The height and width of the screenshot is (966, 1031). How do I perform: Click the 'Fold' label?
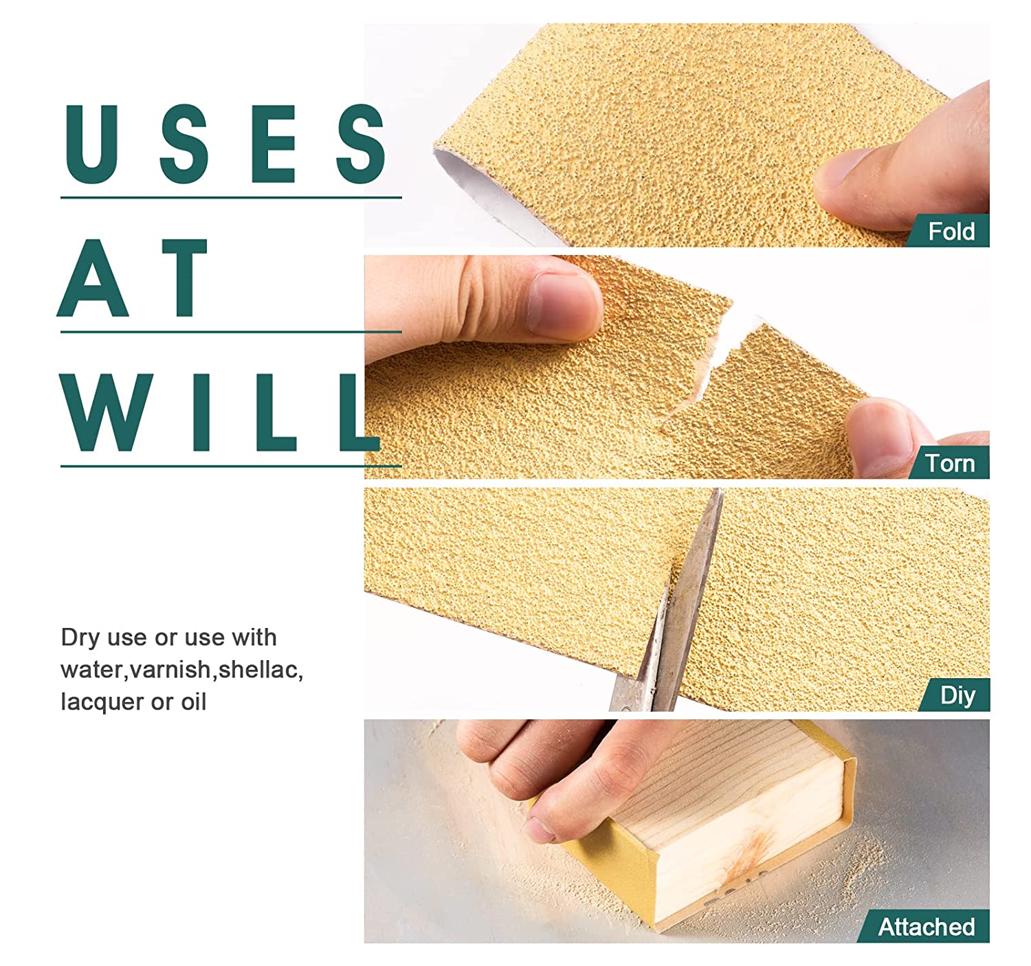[x=951, y=231]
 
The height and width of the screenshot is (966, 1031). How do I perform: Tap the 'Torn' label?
[x=950, y=463]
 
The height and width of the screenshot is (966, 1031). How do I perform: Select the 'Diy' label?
[x=958, y=695]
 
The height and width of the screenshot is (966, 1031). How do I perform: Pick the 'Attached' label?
[x=926, y=927]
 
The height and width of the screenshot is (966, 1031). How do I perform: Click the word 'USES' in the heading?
[x=225, y=144]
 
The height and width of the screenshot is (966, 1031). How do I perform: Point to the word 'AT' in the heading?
[x=133, y=278]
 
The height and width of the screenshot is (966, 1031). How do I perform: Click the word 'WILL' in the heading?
[x=219, y=412]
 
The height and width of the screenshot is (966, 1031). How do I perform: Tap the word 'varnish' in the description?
[x=170, y=670]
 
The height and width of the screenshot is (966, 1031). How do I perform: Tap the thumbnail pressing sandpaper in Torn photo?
[x=563, y=306]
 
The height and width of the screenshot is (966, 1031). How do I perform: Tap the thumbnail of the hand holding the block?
[x=542, y=829]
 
